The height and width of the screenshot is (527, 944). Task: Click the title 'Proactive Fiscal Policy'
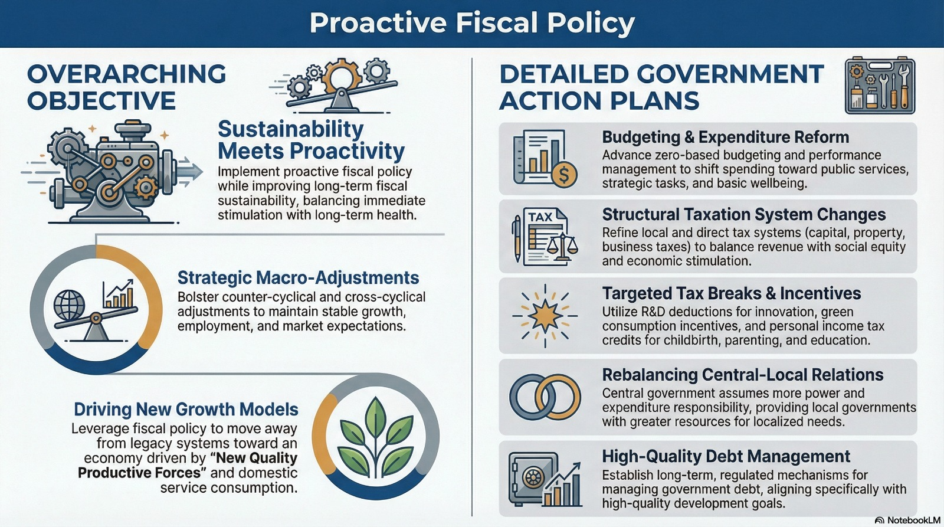[x=472, y=23]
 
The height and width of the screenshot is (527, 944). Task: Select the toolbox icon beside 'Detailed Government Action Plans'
[x=880, y=85]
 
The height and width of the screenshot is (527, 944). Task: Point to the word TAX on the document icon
[x=540, y=217]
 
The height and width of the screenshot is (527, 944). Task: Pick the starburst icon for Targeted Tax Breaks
[x=545, y=316]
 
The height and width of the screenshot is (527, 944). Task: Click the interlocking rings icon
[x=545, y=397]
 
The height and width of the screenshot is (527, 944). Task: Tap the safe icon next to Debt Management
[x=533, y=479]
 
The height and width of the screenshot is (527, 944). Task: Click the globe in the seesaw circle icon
[x=69, y=305]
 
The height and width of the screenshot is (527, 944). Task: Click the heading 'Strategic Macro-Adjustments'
[x=299, y=278]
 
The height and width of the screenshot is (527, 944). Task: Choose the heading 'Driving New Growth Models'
[x=186, y=410]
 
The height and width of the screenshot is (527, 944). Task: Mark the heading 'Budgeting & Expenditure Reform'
[x=725, y=137]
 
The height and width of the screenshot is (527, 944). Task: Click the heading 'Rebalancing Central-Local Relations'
[x=743, y=375]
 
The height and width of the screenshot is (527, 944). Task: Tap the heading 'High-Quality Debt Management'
[x=726, y=456]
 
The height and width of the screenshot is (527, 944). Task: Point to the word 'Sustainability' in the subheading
[x=290, y=129]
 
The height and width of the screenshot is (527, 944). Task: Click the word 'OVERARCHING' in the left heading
[x=127, y=74]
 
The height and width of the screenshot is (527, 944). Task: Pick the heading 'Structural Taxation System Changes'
[x=744, y=215]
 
